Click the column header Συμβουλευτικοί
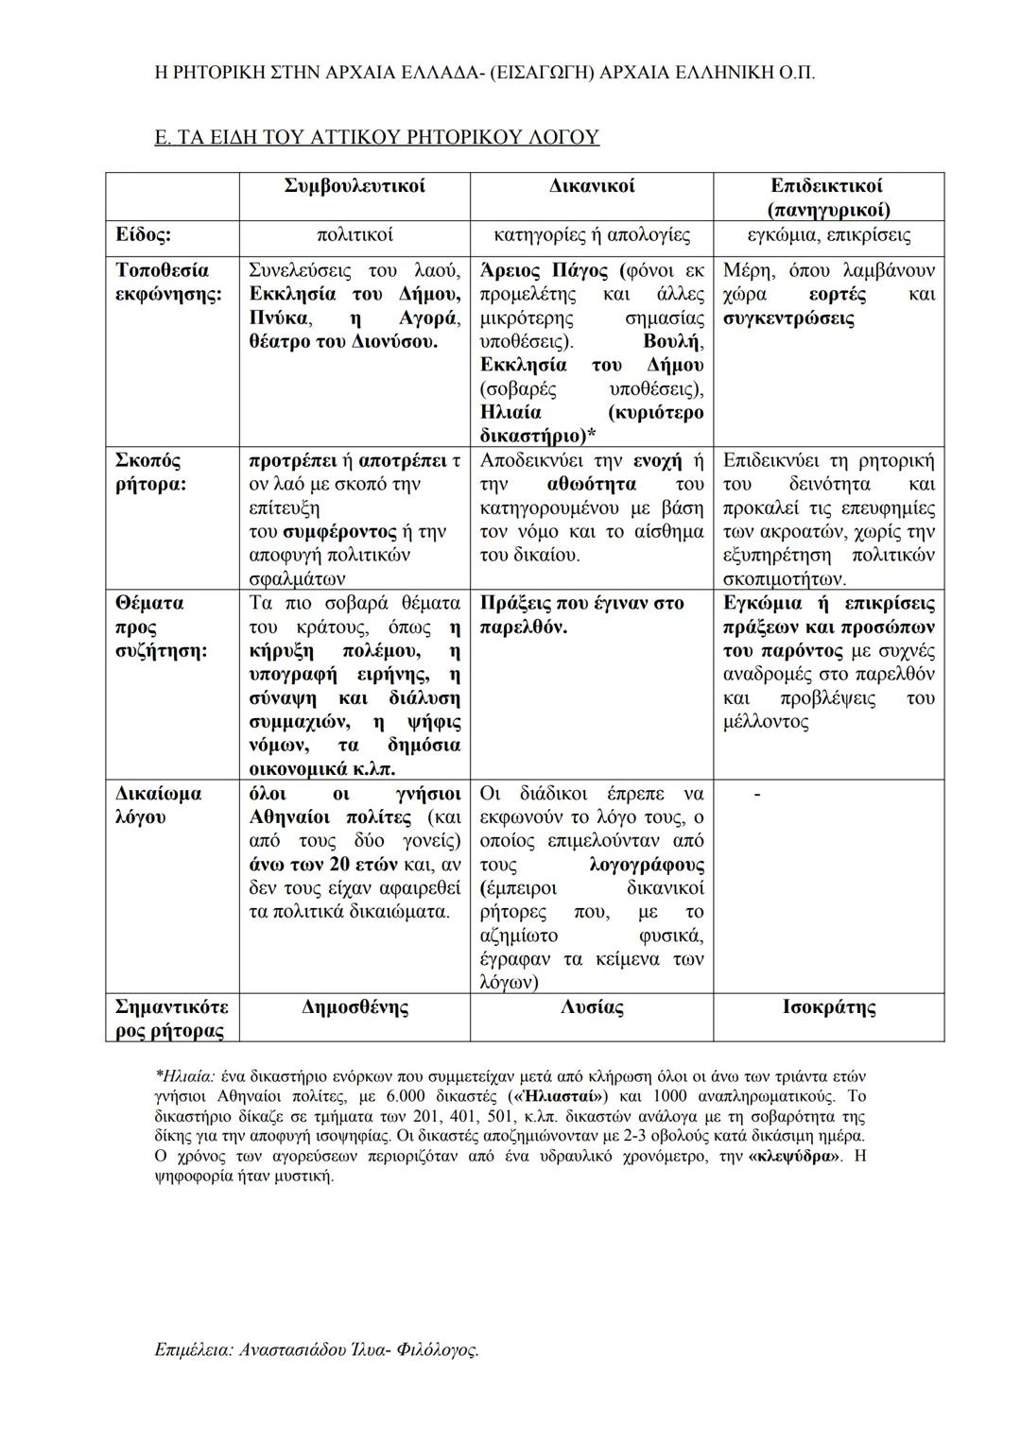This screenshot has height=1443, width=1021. [354, 186]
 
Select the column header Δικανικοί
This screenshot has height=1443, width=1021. [592, 186]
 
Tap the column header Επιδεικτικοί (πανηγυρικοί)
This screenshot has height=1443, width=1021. [828, 198]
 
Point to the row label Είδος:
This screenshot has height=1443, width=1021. [144, 234]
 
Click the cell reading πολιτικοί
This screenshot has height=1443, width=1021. [354, 234]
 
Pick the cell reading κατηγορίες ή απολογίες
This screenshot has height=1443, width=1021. [592, 234]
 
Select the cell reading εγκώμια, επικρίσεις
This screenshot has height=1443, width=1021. [828, 234]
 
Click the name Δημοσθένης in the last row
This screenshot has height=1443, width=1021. [355, 1007]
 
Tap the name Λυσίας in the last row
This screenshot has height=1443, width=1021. [592, 1007]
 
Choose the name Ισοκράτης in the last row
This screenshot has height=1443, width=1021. [829, 1007]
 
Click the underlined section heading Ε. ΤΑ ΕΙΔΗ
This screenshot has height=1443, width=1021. [376, 137]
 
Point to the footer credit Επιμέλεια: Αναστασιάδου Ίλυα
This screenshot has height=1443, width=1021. [316, 1350]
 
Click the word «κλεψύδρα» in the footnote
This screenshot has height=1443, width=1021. [795, 1157]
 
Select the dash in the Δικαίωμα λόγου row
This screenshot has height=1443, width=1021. [756, 796]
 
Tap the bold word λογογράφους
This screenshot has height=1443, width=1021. [646, 865]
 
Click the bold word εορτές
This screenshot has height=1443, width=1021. [838, 295]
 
